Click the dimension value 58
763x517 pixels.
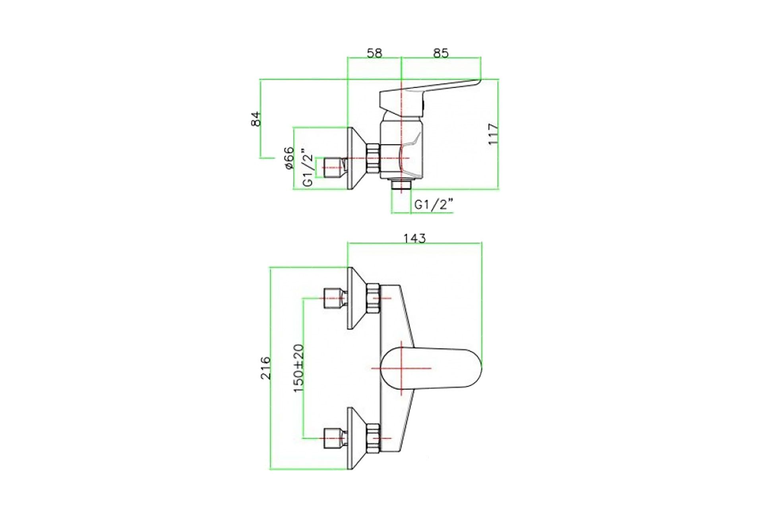374,53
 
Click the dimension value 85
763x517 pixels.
441,53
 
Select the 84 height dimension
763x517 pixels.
257,119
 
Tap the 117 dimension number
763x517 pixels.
493,134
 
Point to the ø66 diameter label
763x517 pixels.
289,158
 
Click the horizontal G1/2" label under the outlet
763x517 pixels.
434,205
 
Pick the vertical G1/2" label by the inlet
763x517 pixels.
308,167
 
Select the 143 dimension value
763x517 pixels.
414,238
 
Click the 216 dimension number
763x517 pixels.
265,368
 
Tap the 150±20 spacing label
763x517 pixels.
299,368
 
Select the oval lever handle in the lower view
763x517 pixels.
431,368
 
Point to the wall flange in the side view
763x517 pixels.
357,158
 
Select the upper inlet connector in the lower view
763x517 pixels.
336,298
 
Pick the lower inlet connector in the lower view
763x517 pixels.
336,438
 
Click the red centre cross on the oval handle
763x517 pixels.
401,368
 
